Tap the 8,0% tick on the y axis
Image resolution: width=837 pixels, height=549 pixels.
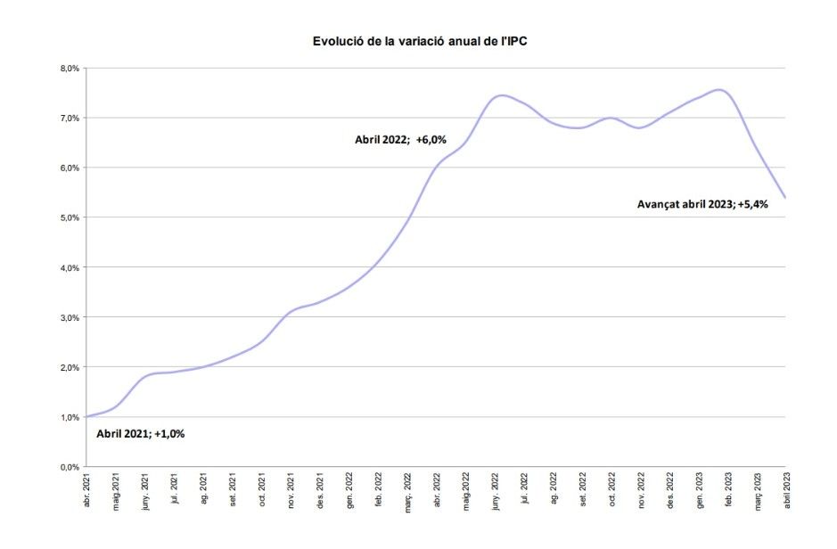[x=70, y=69]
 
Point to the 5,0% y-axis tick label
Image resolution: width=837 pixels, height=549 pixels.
[x=70, y=217]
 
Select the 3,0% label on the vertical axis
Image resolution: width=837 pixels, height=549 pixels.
[x=70, y=317]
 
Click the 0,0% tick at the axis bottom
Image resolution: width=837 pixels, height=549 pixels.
[x=70, y=467]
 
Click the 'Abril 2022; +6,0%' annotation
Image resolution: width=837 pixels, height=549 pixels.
[x=400, y=139]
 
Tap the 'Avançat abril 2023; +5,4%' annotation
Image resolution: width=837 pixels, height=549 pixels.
[x=702, y=203]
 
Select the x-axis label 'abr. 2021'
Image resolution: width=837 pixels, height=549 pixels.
[x=86, y=493]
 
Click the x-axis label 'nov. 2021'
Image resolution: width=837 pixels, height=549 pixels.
[x=291, y=493]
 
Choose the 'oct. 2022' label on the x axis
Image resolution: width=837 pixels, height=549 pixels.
[x=611, y=493]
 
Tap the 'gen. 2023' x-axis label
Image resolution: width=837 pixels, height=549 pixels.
[x=699, y=493]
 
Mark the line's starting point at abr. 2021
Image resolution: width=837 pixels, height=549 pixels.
[x=86, y=417]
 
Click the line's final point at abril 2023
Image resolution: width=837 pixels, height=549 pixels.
[x=785, y=198]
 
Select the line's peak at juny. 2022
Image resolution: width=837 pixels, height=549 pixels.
[x=501, y=95]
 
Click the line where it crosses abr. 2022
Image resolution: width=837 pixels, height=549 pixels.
[x=437, y=167]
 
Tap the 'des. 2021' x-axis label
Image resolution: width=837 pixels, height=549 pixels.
[x=320, y=493]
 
